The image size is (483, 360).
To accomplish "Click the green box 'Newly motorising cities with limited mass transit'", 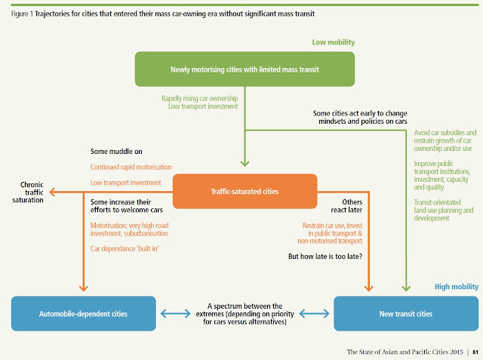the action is coord(245,69).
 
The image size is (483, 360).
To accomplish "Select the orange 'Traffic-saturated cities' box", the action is coord(245,191).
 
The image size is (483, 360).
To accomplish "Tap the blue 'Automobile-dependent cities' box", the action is coord(84,313).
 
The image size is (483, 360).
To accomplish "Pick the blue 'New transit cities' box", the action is coord(406,313).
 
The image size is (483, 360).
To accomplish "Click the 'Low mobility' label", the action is coord(334,42).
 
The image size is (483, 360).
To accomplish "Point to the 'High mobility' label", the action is coord(457,287).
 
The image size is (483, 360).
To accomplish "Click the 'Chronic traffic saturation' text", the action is coord(28,192).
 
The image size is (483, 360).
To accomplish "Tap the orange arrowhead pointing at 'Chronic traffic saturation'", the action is coord(52,192).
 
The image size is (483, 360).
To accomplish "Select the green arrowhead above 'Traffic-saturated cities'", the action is coord(245,163).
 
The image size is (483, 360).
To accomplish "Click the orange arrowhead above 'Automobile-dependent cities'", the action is coord(84,288).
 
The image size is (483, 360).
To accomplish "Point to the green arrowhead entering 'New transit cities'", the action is coord(406,288).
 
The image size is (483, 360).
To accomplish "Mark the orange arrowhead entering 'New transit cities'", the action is coord(369,288).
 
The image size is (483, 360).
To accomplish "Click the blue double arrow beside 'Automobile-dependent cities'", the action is coord(176,314).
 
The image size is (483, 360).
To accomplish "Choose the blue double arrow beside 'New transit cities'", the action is coord(314,314).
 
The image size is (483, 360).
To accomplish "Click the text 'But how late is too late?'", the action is coord(325,256).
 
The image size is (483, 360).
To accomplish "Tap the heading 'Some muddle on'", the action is coord(116,152).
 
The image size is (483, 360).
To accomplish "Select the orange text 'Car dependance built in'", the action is coord(125,248).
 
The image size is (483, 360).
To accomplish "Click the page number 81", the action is coord(475,352).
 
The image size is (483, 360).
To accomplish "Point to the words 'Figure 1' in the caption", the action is coord(22,14).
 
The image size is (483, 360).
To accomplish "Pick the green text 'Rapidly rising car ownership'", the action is coord(199,99).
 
